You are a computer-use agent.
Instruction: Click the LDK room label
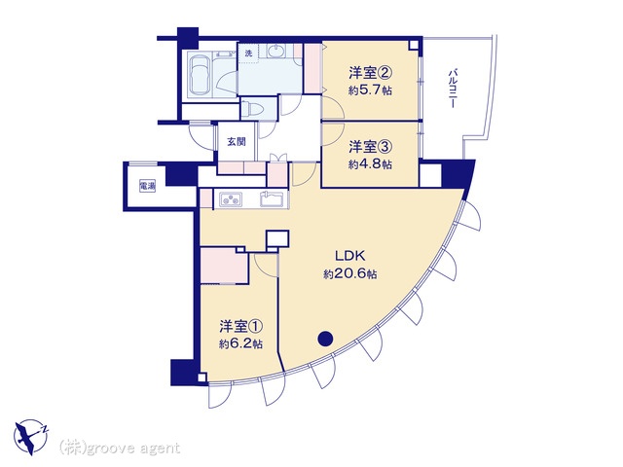[350, 256]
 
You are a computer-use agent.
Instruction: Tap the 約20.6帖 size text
[350, 274]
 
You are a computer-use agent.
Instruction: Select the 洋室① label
[241, 327]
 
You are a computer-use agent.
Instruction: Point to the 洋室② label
[371, 73]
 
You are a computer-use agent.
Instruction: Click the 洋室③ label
[371, 147]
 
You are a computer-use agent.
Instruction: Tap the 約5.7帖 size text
[370, 90]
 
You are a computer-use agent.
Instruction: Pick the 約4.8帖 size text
[370, 164]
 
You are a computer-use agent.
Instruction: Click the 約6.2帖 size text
[241, 343]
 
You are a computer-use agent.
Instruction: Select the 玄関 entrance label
[237, 141]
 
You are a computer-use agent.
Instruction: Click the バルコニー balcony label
[452, 89]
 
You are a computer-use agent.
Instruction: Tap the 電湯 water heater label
[147, 186]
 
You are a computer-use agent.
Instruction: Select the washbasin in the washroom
[275, 52]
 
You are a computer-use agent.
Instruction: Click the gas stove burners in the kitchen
[231, 198]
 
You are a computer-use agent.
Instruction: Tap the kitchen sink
[272, 198]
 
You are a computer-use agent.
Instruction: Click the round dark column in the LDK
[325, 339]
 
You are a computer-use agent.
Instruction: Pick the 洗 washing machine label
[248, 54]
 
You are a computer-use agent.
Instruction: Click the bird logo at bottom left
[31, 437]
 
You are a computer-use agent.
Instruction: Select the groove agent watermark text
[120, 449]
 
